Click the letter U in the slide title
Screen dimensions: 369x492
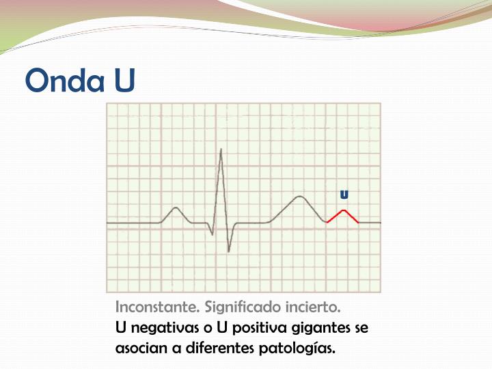click(125, 81)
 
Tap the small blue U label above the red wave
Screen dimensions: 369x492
click(344, 195)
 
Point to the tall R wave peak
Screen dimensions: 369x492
click(221, 151)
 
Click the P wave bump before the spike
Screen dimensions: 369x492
click(176, 209)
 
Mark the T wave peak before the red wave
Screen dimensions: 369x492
click(299, 197)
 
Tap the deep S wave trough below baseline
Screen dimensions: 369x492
click(228, 250)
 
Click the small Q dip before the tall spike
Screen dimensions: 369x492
click(213, 233)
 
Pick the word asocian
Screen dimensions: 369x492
click(141, 348)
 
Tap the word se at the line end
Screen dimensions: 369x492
click(361, 328)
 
